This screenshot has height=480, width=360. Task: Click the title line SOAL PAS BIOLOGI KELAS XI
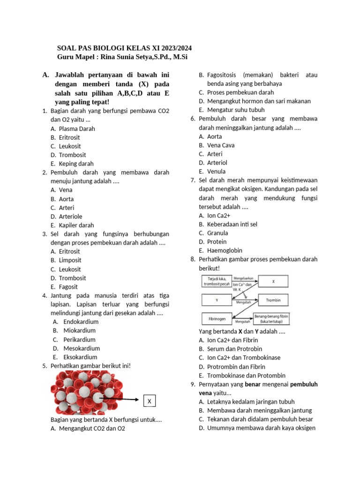[x=124, y=48]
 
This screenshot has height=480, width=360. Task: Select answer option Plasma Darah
[x=77, y=128]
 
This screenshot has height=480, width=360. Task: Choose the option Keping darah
[x=76, y=164]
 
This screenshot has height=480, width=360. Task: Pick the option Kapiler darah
[x=76, y=225]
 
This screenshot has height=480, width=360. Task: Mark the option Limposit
[x=70, y=260]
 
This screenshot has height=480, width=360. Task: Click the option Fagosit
[x=68, y=286]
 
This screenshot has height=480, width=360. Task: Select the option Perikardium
[x=79, y=339]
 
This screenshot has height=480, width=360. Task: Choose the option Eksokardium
[x=81, y=357]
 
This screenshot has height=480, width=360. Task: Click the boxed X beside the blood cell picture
[x=149, y=401]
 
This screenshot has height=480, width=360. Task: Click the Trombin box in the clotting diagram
[x=273, y=300]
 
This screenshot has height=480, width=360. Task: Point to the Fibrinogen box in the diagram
[x=217, y=319]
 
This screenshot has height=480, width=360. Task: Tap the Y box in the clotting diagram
[x=217, y=300]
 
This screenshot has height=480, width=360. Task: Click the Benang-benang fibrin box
[x=271, y=319]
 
